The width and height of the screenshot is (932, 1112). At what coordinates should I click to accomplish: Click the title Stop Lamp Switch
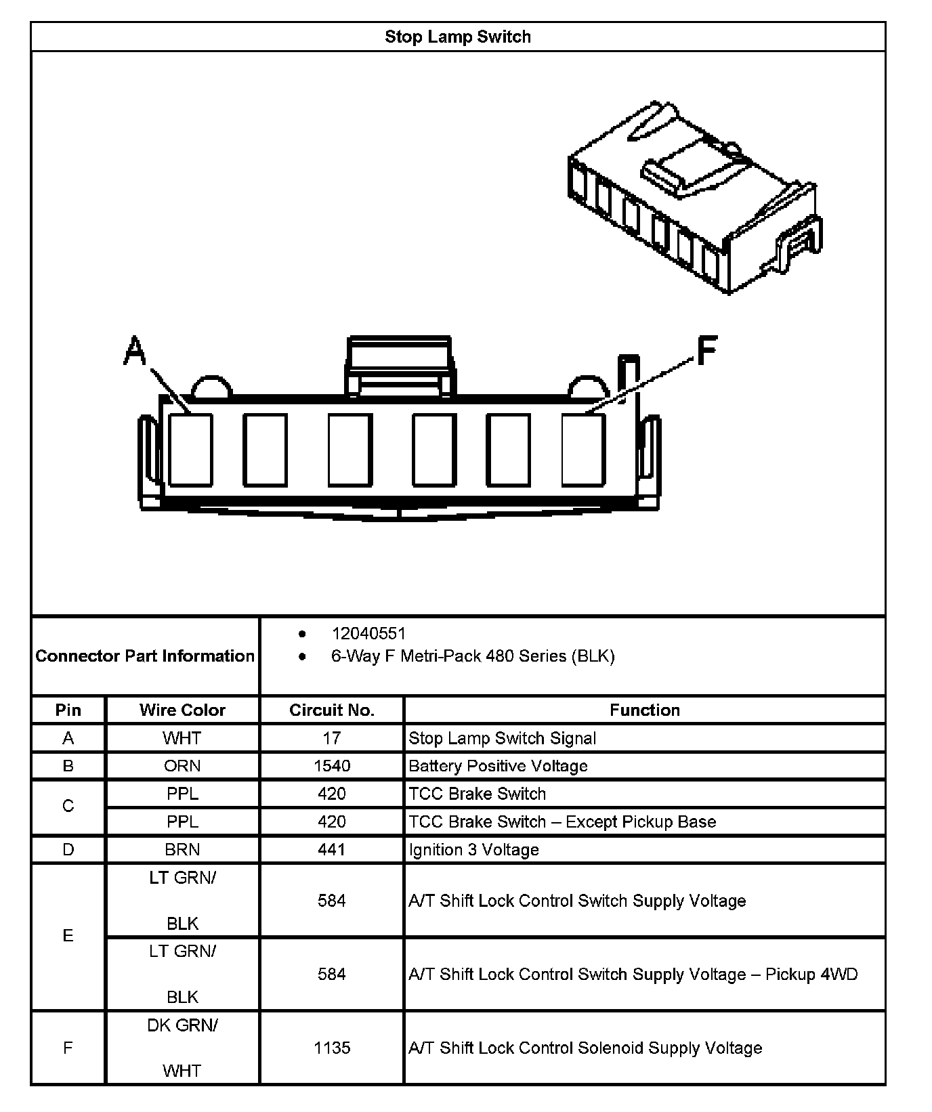(x=457, y=37)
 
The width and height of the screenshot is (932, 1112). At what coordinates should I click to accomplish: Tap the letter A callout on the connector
(x=135, y=351)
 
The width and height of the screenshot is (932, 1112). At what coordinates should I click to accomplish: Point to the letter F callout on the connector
(x=706, y=351)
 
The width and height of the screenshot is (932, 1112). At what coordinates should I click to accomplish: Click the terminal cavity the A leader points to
(x=190, y=450)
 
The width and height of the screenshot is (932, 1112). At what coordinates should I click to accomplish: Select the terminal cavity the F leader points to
(x=583, y=450)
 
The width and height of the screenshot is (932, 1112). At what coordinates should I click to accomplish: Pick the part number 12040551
(x=368, y=633)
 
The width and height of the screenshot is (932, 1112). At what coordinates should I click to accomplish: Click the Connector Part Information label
(x=145, y=656)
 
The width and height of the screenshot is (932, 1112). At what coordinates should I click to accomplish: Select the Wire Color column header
(x=182, y=710)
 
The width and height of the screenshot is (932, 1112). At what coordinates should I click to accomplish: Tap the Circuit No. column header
(x=331, y=710)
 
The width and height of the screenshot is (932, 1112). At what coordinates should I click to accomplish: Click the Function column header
(x=644, y=710)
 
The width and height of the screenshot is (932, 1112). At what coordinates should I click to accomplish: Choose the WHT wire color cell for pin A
(x=182, y=738)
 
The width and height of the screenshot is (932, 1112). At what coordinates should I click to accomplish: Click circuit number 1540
(x=331, y=766)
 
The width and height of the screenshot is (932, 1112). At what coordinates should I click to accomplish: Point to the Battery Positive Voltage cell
(x=498, y=766)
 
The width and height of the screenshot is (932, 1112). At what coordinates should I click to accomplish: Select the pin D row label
(x=68, y=849)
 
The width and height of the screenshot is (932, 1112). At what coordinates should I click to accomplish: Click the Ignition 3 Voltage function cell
(x=473, y=849)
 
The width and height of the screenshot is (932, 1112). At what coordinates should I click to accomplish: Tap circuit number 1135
(x=331, y=1048)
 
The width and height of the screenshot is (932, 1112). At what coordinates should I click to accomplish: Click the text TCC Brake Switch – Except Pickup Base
(x=562, y=821)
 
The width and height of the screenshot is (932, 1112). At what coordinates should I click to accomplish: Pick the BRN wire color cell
(x=182, y=849)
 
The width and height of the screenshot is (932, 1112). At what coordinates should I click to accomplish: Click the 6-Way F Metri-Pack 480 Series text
(x=472, y=656)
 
